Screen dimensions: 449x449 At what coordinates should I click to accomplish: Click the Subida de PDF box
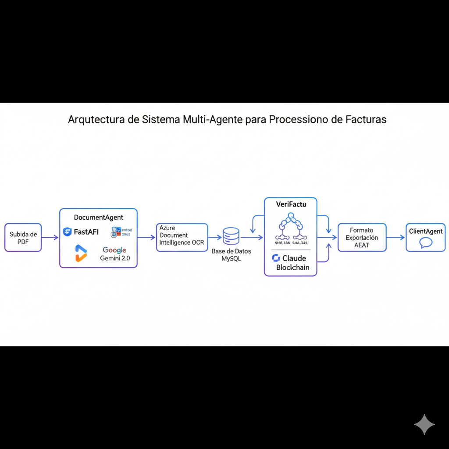click(23, 238)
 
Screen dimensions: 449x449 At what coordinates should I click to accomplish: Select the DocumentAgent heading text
click(98, 217)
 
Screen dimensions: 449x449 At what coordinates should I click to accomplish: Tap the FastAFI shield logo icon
click(67, 232)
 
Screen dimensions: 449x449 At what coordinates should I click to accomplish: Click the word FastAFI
click(86, 232)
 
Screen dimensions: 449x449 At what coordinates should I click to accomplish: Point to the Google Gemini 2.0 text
click(114, 254)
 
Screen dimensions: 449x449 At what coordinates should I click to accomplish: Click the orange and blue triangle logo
click(81, 253)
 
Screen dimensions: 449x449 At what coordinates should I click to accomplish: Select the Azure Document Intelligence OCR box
click(182, 237)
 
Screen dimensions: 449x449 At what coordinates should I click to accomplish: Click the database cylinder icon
click(231, 236)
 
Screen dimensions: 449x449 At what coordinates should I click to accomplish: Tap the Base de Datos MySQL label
click(231, 255)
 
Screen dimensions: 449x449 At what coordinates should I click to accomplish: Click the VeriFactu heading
click(290, 204)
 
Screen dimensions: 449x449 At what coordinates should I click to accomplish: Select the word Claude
click(294, 258)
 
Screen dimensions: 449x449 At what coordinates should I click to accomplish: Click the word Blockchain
click(292, 267)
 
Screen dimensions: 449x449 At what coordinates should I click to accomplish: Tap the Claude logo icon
click(276, 258)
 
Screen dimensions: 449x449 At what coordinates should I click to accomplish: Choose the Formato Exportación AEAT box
click(362, 238)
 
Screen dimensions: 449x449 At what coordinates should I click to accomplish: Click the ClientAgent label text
click(425, 231)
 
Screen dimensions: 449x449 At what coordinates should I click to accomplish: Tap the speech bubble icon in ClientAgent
click(426, 243)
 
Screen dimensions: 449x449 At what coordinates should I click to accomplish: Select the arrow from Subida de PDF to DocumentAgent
click(50, 238)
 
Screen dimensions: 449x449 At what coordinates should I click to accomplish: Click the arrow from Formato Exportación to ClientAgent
click(396, 238)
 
